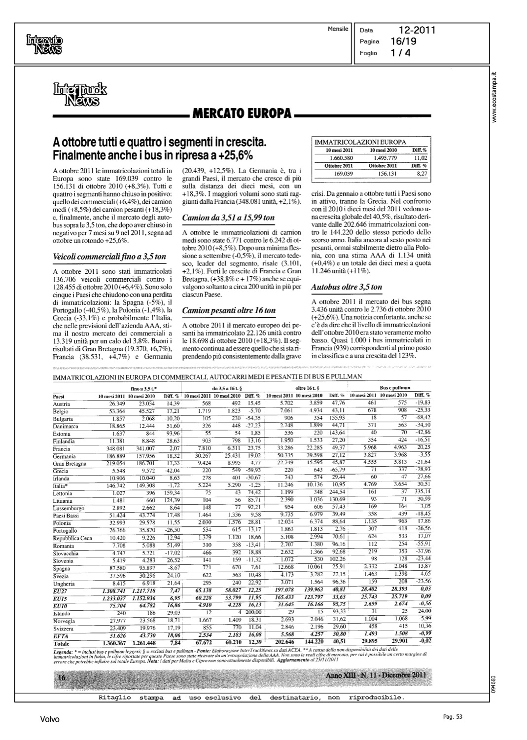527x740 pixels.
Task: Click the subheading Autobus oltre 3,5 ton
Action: [x=347, y=287]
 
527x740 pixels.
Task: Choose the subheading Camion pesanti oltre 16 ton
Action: [x=229, y=311]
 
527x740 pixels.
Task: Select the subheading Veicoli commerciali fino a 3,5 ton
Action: [x=109, y=257]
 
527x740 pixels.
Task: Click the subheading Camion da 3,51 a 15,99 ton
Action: [x=228, y=218]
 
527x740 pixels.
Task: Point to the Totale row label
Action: [x=61, y=644]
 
